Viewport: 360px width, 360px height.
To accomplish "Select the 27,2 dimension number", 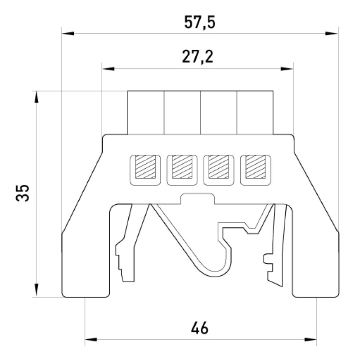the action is tap(198, 57).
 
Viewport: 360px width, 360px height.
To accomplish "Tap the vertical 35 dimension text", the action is tap(22, 193).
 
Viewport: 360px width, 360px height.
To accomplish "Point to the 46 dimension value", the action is tap(199, 328).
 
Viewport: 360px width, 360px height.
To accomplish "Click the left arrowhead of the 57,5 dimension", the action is tap(68, 33).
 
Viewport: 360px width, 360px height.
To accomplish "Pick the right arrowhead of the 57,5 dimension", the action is tap(332, 33).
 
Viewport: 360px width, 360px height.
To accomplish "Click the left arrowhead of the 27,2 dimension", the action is tap(108, 69).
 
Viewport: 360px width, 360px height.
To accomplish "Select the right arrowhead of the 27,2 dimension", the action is tap(287, 69).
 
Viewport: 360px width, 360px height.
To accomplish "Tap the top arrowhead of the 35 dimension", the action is tap(36, 98).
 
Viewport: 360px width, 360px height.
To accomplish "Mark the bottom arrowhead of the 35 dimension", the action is tap(36, 290).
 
